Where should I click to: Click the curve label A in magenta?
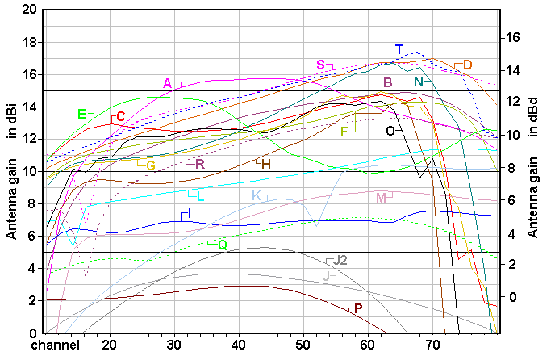167,82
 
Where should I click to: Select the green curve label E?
81,114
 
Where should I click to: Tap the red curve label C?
121,117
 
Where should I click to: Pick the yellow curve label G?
151,165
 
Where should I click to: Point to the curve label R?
200,165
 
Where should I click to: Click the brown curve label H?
266,164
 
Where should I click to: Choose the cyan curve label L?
200,196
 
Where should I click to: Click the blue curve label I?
189,212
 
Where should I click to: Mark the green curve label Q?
223,244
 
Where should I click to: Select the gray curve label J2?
340,260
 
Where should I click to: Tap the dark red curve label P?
358,308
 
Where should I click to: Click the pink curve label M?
381,197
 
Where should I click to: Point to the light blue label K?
256,196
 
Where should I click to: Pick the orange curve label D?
468,65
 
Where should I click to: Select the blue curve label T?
399,49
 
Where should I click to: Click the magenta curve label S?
320,65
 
